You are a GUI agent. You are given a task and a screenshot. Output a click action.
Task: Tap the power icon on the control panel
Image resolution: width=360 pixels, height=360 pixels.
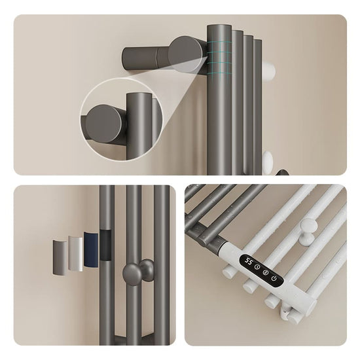[274, 278]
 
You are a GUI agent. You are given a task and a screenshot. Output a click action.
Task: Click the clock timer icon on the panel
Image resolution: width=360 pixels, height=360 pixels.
[257, 267]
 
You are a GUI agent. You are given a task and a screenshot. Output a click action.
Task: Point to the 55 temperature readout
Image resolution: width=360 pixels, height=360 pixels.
[248, 261]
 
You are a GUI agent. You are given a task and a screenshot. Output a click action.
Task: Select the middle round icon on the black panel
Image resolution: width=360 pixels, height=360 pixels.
[265, 273]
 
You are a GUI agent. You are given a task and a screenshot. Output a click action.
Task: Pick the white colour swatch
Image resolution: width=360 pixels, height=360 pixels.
[75, 254]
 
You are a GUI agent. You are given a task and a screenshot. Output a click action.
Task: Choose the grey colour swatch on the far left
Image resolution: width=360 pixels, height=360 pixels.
[60, 257]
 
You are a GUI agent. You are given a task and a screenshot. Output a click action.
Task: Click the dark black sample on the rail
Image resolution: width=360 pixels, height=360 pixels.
[107, 245]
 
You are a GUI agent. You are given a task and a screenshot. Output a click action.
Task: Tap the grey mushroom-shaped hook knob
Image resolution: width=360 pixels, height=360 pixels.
[137, 272]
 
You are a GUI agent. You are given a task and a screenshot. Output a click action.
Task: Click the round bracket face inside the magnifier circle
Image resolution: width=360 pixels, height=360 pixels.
[105, 124]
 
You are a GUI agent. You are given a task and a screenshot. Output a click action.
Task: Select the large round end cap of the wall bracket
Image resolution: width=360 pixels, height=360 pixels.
[185, 56]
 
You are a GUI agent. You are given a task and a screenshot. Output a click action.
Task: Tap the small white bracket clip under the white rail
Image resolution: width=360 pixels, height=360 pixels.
[285, 310]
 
